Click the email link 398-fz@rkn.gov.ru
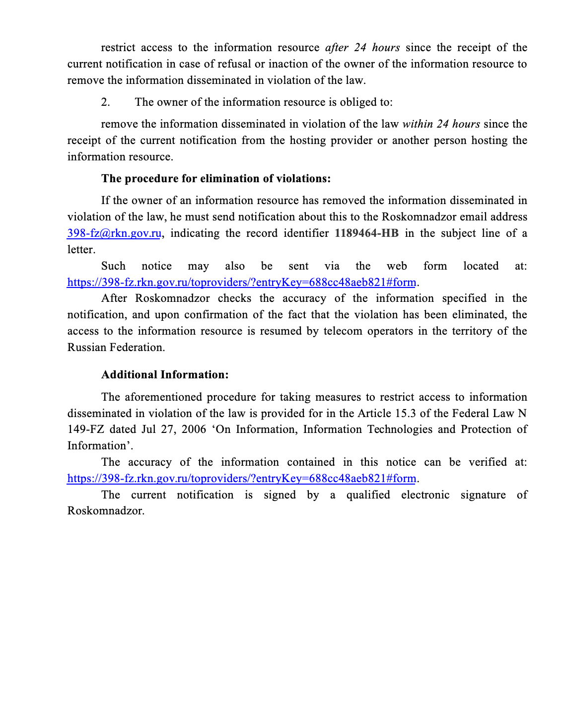pyautogui.click(x=114, y=233)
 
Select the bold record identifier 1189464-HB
pyautogui.click(x=366, y=233)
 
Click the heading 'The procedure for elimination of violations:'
pyautogui.click(x=216, y=179)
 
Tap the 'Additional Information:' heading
pyautogui.click(x=165, y=375)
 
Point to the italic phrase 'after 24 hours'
pyautogui.click(x=362, y=48)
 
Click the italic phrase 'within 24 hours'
pyautogui.click(x=441, y=124)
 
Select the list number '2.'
pyautogui.click(x=105, y=102)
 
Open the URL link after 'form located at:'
pyautogui.click(x=241, y=283)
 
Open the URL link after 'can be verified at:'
pyautogui.click(x=241, y=479)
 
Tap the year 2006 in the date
pyautogui.click(x=194, y=429)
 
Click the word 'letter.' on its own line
pyautogui.click(x=81, y=250)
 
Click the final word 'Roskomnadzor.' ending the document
pyautogui.click(x=106, y=511)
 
